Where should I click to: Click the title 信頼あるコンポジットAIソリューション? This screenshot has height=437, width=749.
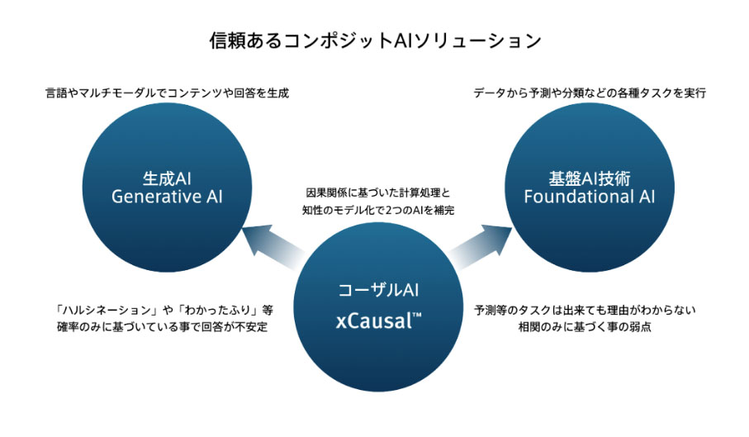pyautogui.click(x=374, y=40)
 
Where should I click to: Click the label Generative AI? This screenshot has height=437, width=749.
pyautogui.click(x=168, y=197)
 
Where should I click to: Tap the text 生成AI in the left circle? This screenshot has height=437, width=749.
pyautogui.click(x=168, y=178)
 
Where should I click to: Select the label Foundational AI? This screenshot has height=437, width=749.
pyautogui.click(x=589, y=197)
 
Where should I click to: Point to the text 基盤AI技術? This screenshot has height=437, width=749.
pyautogui.click(x=589, y=178)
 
